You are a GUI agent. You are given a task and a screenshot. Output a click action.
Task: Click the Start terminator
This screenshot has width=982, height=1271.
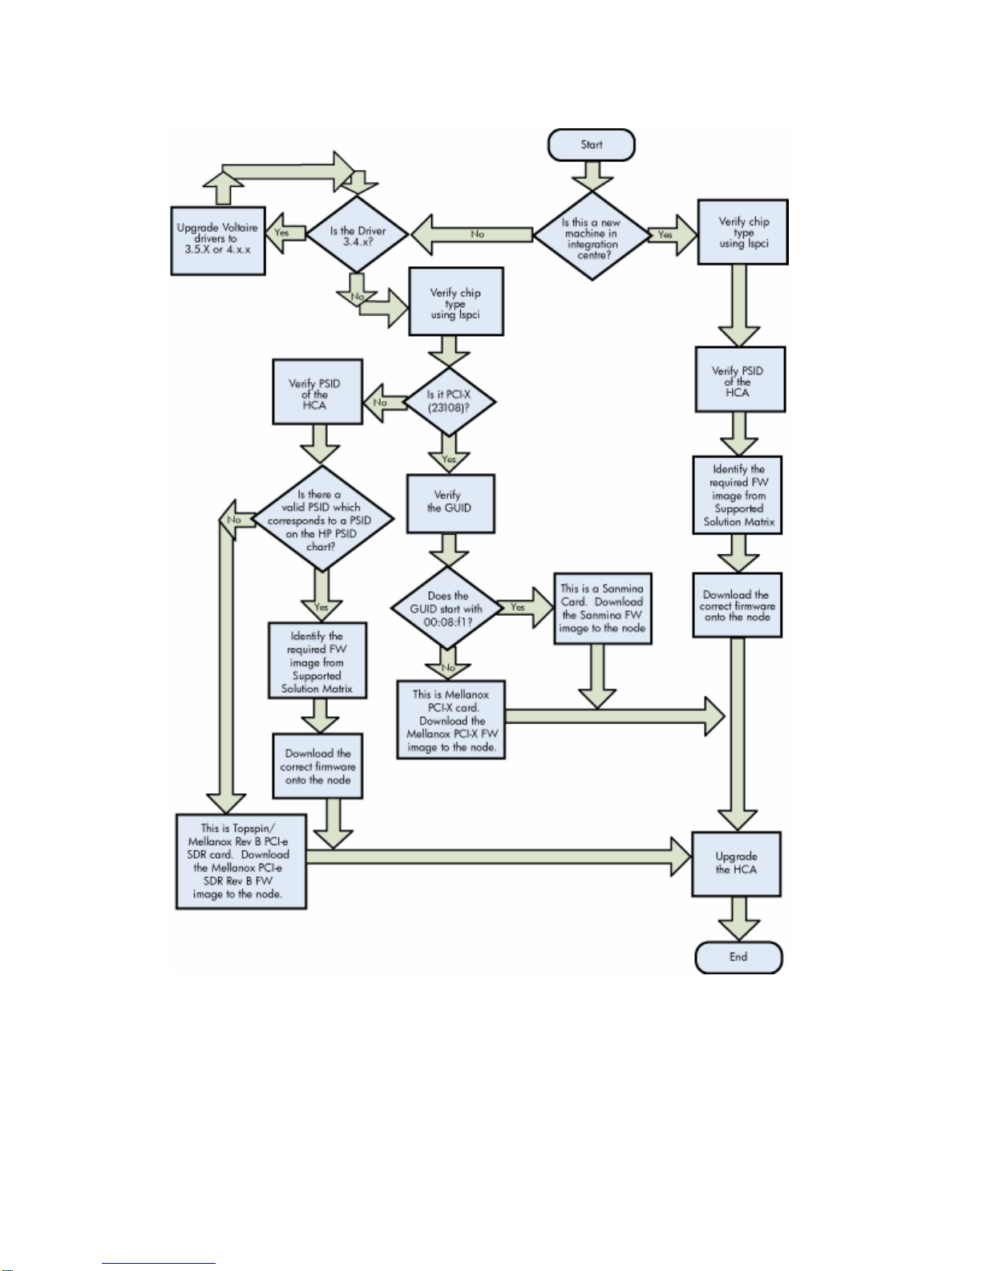tap(591, 144)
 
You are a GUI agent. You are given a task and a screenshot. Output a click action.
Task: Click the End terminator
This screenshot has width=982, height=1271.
tap(738, 957)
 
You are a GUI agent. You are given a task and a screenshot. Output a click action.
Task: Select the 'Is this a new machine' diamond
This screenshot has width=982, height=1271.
tap(592, 235)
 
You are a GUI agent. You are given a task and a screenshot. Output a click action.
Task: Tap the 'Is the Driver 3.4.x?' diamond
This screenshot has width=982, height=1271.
tap(358, 234)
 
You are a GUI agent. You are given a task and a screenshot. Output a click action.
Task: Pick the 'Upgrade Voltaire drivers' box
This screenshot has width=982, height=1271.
tap(218, 241)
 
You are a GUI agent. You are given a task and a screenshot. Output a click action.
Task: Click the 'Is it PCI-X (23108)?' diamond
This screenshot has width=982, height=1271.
tap(449, 401)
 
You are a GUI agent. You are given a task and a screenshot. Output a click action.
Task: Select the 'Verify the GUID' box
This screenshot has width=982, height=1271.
tap(451, 503)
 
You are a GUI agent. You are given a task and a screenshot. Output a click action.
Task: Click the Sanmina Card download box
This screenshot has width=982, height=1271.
tap(603, 609)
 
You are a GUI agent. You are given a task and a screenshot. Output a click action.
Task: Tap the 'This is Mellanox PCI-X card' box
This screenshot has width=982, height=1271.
tap(451, 719)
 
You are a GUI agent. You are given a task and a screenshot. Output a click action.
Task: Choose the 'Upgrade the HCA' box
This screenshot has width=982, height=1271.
tap(737, 864)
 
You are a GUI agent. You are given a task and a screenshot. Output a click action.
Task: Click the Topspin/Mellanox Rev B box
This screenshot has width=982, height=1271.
tap(240, 861)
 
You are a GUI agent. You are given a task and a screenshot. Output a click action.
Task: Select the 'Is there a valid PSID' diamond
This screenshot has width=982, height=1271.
tap(322, 518)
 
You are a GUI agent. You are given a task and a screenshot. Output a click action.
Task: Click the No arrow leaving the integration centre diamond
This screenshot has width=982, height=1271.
tap(471, 234)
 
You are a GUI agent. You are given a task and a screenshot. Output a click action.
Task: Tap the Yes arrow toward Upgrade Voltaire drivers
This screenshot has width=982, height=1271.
tap(285, 233)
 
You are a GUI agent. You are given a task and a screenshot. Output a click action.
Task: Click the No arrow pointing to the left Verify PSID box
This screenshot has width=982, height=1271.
tap(384, 403)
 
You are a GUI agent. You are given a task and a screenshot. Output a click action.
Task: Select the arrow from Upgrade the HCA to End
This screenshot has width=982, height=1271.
tap(739, 918)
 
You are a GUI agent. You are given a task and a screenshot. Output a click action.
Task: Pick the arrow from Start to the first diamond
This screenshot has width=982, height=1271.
tap(592, 176)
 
